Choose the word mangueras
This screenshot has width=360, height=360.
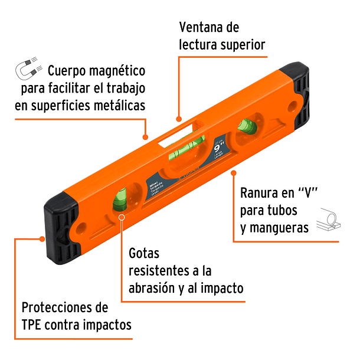[279, 227]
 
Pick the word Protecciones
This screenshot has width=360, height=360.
[65, 307]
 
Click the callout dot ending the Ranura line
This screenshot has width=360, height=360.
[234, 173]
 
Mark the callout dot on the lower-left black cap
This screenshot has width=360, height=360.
[42, 239]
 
